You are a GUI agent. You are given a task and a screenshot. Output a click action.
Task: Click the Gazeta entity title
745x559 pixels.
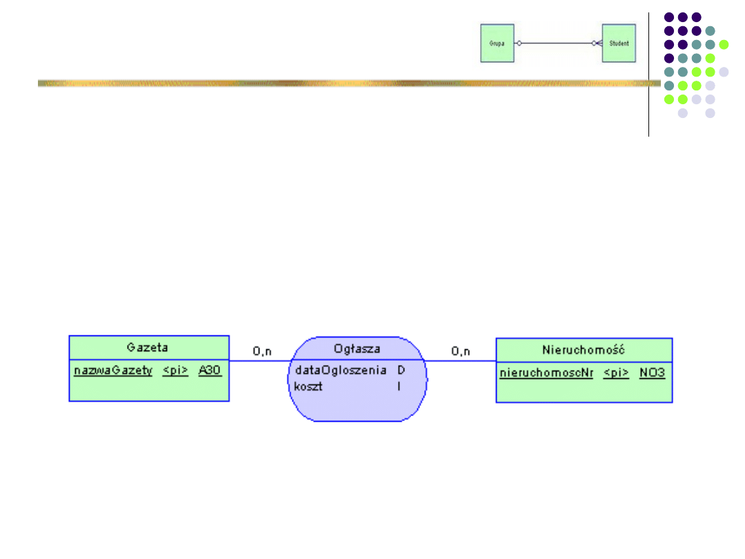[147, 347]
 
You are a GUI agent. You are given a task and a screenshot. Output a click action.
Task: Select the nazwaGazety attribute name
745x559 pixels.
[113, 371]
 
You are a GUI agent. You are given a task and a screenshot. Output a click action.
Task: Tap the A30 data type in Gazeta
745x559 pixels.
[210, 371]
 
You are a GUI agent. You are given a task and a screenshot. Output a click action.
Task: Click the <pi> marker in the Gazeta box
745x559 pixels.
[175, 371]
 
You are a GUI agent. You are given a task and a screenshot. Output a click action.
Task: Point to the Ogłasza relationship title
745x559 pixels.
[357, 349]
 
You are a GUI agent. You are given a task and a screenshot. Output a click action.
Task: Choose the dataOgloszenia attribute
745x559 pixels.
[340, 371]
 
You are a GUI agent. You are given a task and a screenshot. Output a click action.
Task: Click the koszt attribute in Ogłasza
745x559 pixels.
[308, 386]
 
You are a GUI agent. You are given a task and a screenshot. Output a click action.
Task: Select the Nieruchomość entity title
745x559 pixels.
[584, 350]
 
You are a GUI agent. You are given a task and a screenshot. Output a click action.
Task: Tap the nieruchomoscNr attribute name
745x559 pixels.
[546, 373]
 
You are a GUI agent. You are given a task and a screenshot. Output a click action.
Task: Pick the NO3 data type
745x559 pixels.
[652, 373]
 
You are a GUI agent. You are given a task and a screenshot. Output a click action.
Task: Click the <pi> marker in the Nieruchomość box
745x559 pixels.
[616, 373]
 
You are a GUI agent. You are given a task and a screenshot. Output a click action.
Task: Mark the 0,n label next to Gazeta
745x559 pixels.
[262, 351]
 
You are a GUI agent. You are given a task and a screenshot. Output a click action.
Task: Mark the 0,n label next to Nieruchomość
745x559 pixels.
[461, 351]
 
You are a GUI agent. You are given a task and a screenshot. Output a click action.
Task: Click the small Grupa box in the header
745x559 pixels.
[497, 43]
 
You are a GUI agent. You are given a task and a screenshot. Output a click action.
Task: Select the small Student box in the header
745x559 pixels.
[619, 43]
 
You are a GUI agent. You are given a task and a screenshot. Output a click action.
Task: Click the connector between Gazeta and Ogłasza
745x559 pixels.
[259, 361]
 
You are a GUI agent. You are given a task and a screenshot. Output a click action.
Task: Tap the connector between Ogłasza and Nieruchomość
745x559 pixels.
[461, 361]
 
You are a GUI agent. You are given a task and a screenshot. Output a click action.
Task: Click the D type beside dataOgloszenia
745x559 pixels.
[401, 371]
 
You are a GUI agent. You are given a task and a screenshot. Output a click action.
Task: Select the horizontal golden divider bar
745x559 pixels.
[345, 83]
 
